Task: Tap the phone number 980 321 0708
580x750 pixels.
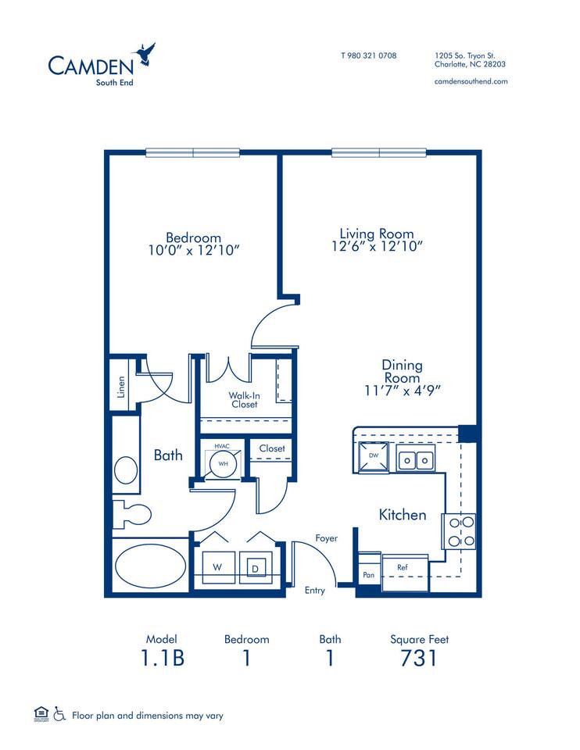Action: (x=369, y=55)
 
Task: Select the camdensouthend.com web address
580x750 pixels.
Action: (x=471, y=81)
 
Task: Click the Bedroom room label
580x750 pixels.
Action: (x=193, y=237)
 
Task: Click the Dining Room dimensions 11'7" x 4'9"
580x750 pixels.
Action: (x=402, y=390)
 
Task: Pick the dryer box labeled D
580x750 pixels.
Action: (x=255, y=568)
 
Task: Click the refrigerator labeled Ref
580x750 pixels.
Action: (x=403, y=567)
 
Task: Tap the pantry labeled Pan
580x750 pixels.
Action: (x=368, y=575)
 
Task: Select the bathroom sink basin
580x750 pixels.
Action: (x=125, y=470)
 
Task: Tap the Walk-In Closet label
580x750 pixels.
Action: (x=244, y=400)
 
